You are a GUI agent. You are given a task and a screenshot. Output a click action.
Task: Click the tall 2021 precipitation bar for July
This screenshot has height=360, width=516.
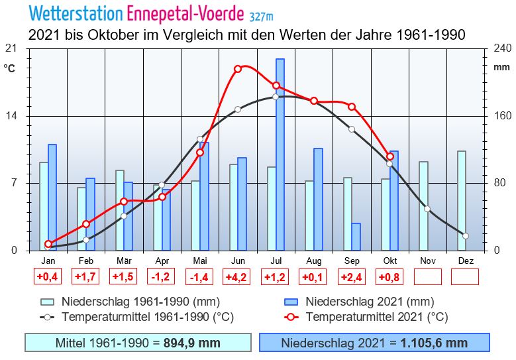(x=280, y=154)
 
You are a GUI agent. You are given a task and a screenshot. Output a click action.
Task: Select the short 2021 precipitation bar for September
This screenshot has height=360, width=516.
(x=356, y=237)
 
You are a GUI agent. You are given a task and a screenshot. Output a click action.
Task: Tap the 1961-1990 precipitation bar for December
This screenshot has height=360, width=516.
(x=462, y=200)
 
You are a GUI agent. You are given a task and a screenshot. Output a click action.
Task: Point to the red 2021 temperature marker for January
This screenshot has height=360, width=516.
(x=48, y=244)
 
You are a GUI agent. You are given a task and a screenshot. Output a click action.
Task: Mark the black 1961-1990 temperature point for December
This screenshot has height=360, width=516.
(x=466, y=236)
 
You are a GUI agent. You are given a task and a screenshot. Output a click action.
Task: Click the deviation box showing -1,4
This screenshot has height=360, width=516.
(x=200, y=277)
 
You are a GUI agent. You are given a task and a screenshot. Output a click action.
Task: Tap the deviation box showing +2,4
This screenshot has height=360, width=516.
(x=352, y=277)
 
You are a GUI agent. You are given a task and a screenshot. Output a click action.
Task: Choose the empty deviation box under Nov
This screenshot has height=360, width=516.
(x=428, y=277)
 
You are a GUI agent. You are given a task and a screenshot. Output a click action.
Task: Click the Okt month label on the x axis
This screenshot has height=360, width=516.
(x=390, y=261)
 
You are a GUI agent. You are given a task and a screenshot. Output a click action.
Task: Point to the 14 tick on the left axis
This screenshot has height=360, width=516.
(x=11, y=115)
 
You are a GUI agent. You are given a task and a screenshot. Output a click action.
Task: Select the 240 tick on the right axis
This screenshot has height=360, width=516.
(x=503, y=48)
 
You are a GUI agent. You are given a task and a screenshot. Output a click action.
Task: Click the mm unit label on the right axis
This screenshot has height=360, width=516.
(x=501, y=68)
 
